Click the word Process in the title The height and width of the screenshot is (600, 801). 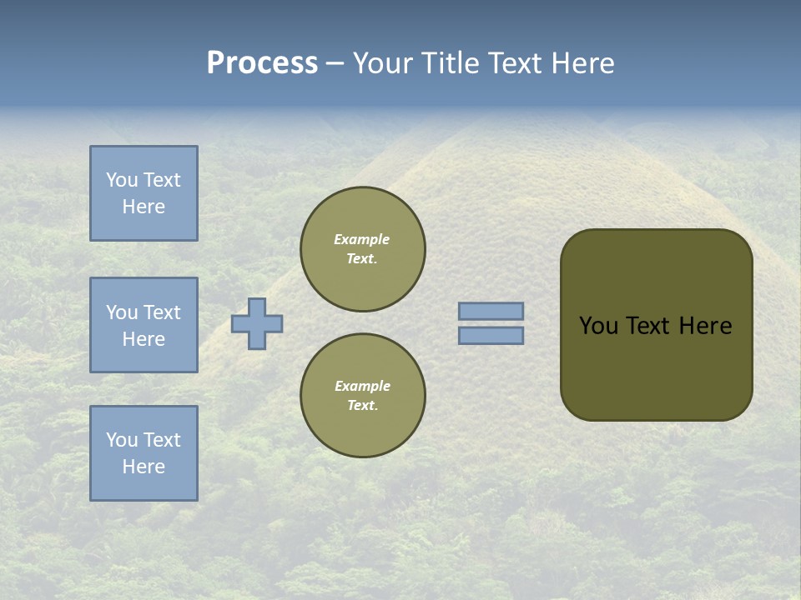(262, 63)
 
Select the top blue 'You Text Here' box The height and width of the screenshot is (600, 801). (144, 193)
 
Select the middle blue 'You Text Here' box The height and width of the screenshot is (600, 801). (144, 325)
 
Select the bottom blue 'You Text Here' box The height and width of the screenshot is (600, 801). (144, 452)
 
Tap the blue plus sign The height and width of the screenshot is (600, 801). (257, 323)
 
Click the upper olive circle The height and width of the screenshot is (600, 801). (363, 249)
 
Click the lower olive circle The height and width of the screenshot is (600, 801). (363, 396)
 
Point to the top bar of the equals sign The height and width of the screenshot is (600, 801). (491, 312)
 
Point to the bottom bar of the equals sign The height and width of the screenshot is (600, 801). (491, 336)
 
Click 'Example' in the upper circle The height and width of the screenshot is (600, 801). (362, 239)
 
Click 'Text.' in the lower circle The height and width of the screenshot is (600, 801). (362, 406)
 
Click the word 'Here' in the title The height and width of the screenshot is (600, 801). (584, 63)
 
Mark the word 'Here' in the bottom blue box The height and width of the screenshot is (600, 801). (144, 467)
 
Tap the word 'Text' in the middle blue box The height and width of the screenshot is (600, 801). (162, 312)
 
